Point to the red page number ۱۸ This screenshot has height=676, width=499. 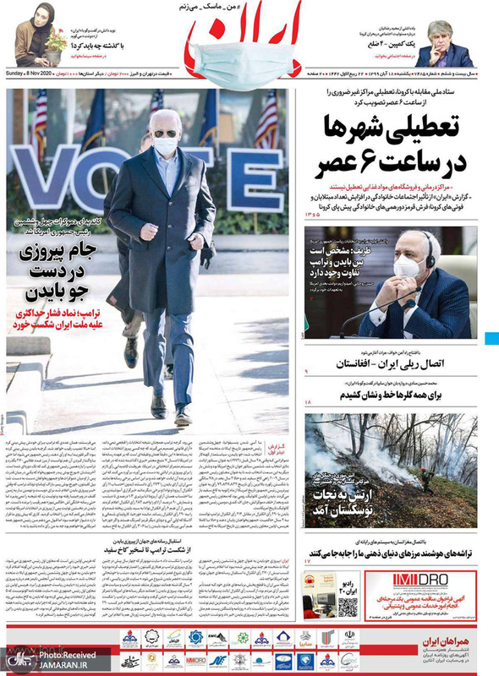(308, 407)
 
